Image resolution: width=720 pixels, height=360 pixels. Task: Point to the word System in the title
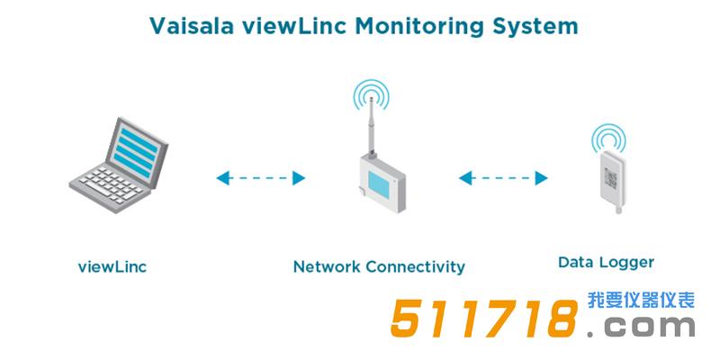(531, 25)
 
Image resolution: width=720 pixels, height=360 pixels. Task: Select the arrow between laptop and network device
(260, 178)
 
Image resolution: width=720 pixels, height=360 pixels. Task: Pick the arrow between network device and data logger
(503, 178)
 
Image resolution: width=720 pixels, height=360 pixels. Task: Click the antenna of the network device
(368, 126)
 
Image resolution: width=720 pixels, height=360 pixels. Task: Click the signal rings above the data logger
(608, 137)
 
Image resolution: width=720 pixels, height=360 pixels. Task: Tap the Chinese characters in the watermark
(641, 301)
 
